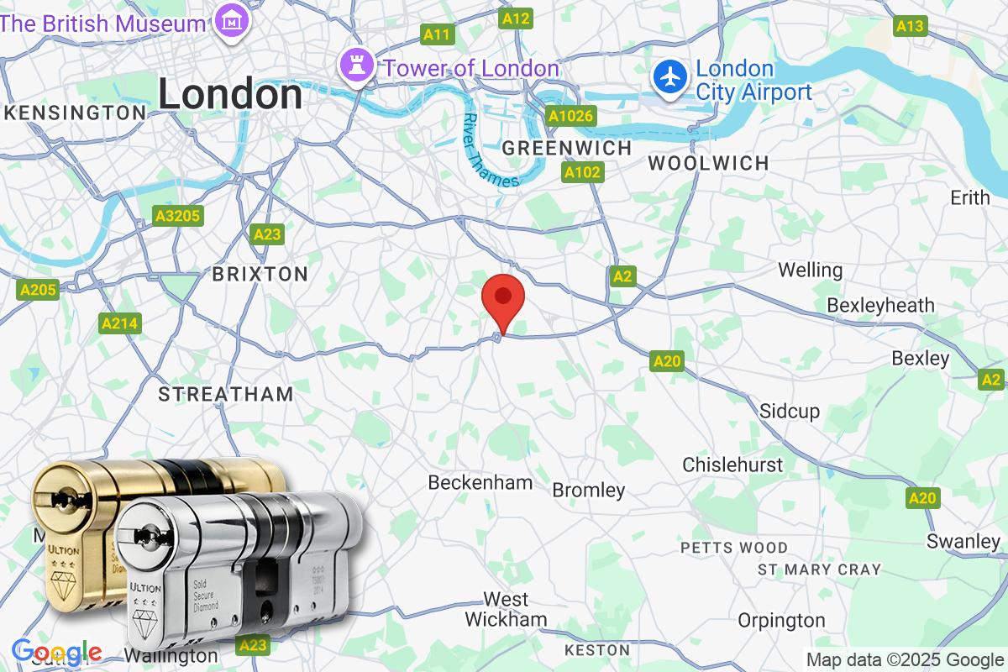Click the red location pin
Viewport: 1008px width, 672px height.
(x=503, y=300)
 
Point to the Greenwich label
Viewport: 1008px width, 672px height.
(x=566, y=148)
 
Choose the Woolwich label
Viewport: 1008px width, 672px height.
(x=708, y=164)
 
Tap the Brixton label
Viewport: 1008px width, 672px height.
(x=260, y=274)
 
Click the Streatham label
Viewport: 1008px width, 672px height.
(x=226, y=393)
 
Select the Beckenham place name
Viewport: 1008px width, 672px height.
(x=480, y=482)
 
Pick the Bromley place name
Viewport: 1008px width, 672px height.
(x=588, y=490)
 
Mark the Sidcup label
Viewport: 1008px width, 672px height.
(x=789, y=412)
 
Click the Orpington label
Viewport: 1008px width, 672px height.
(x=781, y=621)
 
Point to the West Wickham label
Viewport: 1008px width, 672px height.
(x=506, y=609)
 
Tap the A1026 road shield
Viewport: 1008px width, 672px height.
(x=570, y=116)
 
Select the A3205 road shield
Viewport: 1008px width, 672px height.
(x=178, y=216)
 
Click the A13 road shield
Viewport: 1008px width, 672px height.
(x=910, y=26)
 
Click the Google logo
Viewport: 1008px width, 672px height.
(x=56, y=653)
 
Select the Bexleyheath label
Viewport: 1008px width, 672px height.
(x=880, y=305)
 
